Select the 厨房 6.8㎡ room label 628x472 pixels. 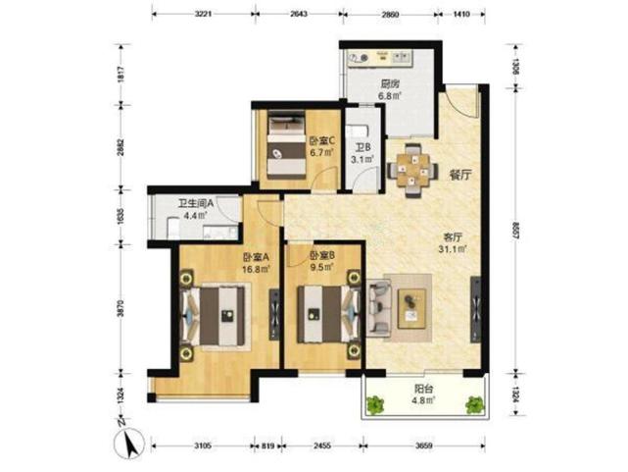(390, 90)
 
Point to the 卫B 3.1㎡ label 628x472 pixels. (362, 148)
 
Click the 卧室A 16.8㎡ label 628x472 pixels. (257, 264)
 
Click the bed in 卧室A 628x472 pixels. (222, 317)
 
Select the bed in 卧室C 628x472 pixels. (284, 145)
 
